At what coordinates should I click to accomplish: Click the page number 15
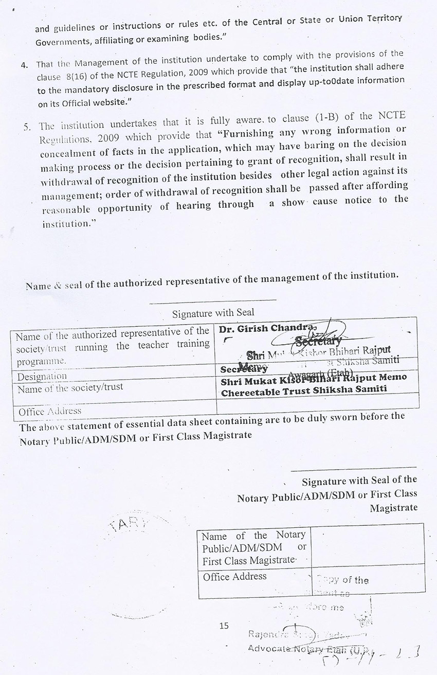(x=224, y=626)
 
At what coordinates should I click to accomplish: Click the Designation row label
(x=42, y=376)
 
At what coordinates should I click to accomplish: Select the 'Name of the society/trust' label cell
(x=70, y=387)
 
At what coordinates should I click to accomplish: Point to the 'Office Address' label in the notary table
(x=234, y=576)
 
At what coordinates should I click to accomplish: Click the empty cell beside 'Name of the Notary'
(x=367, y=546)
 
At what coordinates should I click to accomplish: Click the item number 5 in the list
(x=28, y=126)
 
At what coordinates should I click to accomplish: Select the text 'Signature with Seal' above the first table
(x=213, y=312)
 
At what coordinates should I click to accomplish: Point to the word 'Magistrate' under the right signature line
(x=393, y=508)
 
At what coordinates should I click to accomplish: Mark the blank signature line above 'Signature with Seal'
(x=213, y=299)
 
